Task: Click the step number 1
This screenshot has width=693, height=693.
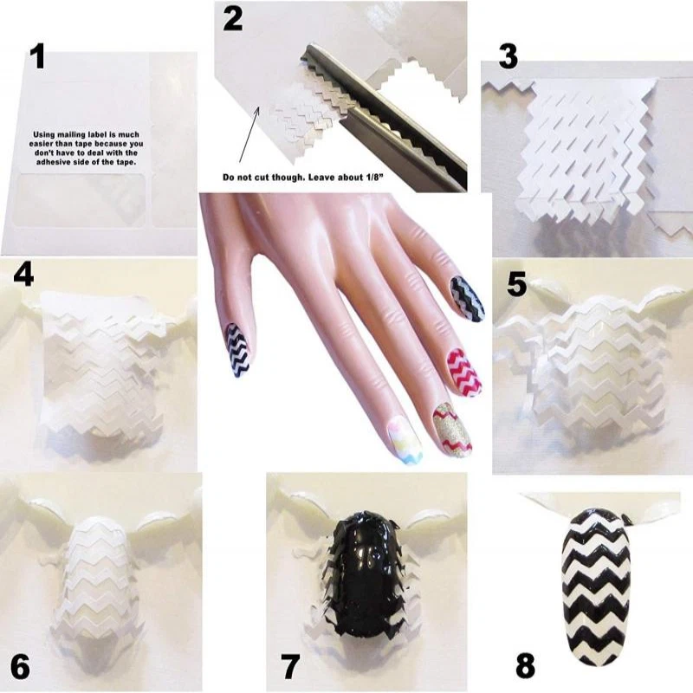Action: point(36,56)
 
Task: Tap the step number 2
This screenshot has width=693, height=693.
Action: point(233,17)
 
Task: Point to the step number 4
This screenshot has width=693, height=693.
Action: point(24,275)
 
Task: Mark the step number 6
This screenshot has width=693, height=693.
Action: point(21,667)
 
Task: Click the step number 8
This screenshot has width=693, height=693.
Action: point(525,666)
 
